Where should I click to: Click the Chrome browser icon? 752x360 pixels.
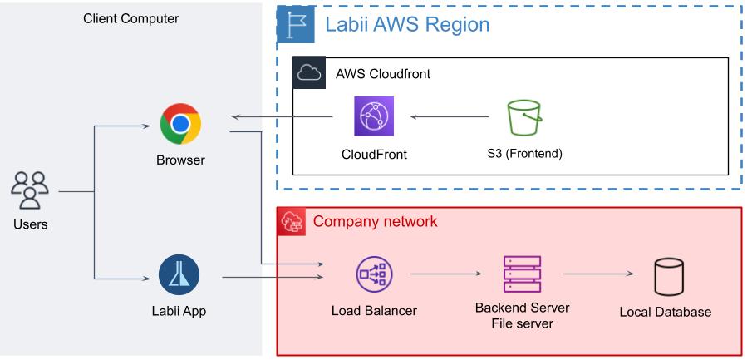tap(180, 124)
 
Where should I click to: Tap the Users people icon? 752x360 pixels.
tap(29, 191)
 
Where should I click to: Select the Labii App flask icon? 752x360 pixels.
tap(179, 275)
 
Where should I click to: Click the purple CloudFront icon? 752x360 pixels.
tap(374, 116)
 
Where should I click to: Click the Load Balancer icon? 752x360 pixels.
tap(374, 274)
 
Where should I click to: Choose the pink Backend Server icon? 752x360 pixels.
tap(522, 274)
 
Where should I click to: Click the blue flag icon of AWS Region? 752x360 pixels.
tap(296, 26)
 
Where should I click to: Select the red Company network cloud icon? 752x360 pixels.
tap(292, 222)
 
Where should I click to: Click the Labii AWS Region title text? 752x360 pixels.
tap(407, 25)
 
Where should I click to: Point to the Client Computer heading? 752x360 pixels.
tap(130, 17)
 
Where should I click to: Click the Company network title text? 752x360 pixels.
tap(375, 222)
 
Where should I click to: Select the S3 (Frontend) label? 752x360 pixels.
tap(525, 153)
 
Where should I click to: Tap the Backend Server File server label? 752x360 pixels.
tap(522, 315)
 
